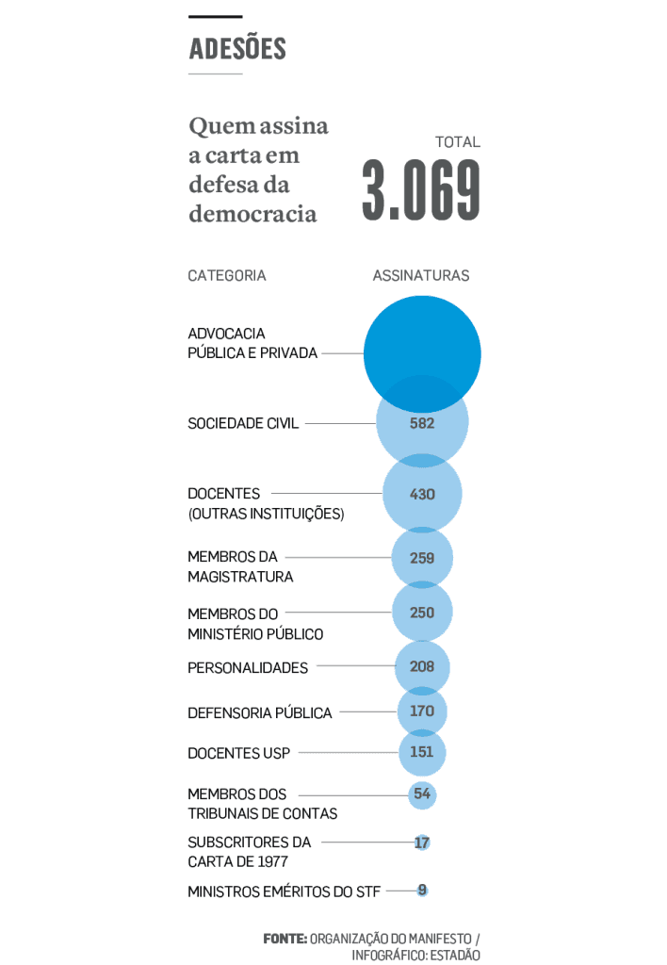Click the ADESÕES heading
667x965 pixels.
pos(237,49)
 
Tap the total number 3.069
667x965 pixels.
pos(421,191)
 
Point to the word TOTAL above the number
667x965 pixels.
pos(458,142)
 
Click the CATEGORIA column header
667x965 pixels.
pos(227,276)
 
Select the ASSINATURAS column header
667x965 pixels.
pos(421,276)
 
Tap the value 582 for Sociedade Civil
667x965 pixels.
pos(422,424)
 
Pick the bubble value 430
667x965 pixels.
pos(422,494)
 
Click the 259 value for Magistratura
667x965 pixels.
pos(422,558)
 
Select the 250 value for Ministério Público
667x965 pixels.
pos(422,613)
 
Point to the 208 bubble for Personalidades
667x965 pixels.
pos(422,667)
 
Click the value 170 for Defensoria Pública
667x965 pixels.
pos(422,711)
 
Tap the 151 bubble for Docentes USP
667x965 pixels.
pos(422,753)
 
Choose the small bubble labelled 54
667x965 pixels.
pos(422,794)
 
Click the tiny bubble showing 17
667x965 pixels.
pos(422,842)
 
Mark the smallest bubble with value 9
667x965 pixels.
pos(422,890)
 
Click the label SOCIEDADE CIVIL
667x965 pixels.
pos(243,424)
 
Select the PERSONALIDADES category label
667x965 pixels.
pos(248,668)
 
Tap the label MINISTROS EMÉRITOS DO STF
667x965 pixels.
pos(284,891)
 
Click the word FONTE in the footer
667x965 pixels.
pos(285,939)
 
